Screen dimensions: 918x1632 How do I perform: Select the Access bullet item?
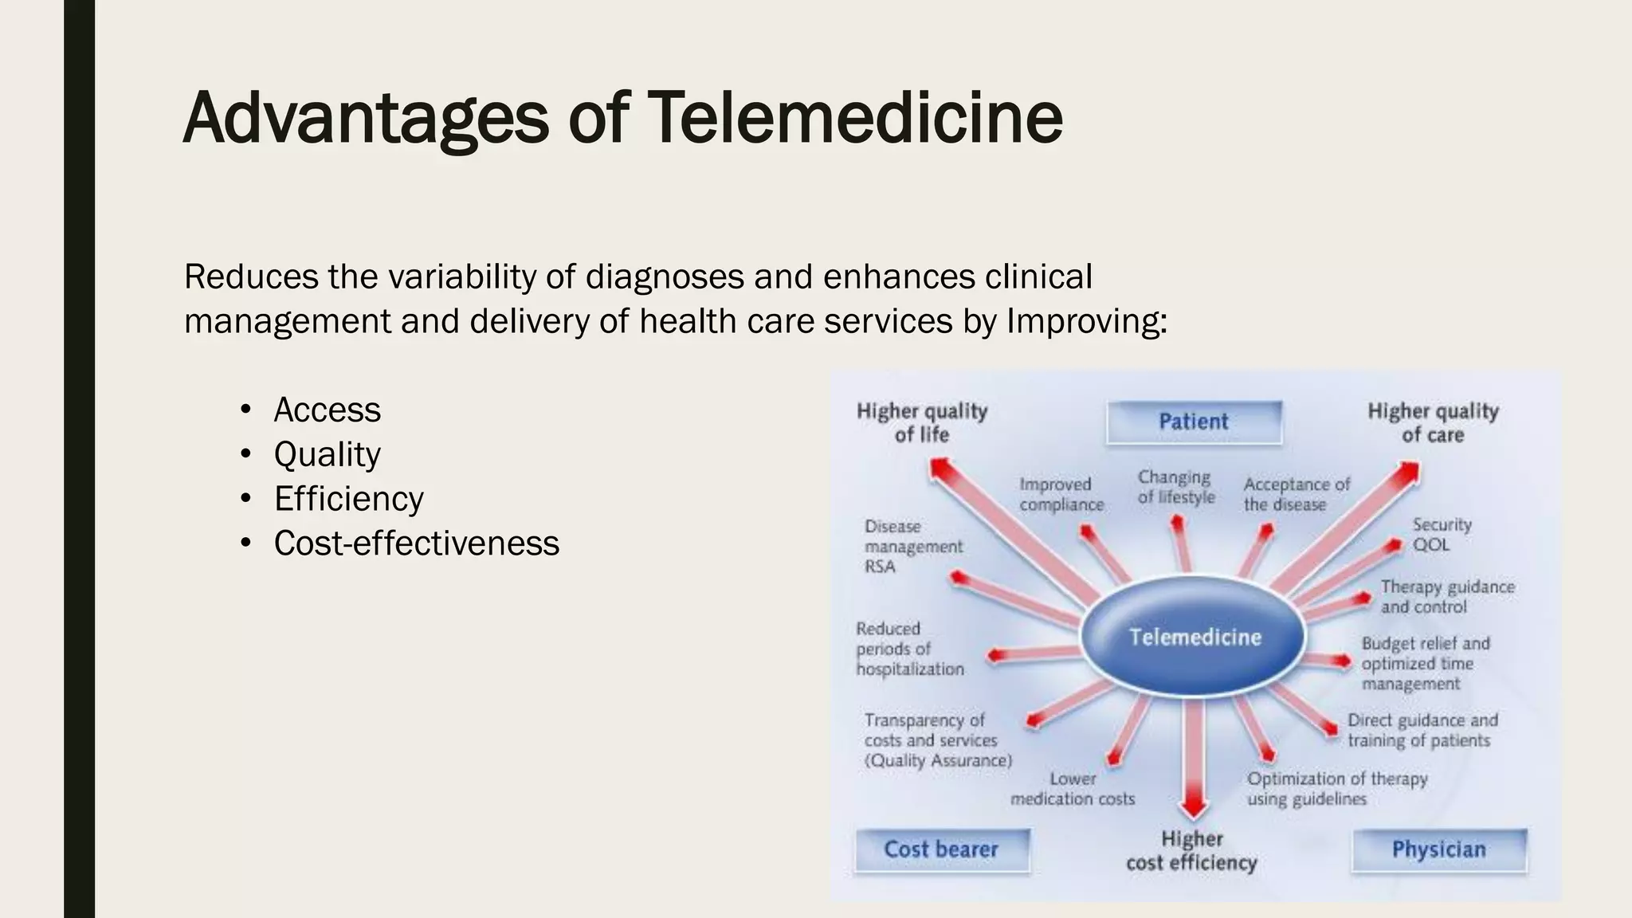click(327, 410)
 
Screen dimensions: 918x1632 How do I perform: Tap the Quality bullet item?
click(327, 454)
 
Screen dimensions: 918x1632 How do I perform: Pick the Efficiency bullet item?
click(348, 499)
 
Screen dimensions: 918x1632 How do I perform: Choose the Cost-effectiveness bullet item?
click(416, 543)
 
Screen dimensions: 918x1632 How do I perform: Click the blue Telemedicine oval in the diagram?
click(1194, 637)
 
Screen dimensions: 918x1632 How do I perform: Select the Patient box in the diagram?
click(1194, 422)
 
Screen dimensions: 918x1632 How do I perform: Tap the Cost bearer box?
click(941, 849)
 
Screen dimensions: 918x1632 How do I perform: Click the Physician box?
click(1438, 849)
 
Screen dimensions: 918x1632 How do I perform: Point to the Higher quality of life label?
click(922, 422)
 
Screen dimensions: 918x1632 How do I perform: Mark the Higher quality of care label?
click(1433, 422)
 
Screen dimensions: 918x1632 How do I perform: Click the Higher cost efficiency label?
click(1191, 850)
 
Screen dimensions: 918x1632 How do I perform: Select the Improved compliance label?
click(1061, 494)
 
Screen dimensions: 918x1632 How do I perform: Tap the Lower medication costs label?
click(1073, 788)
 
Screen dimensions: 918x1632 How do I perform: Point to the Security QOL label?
click(1441, 535)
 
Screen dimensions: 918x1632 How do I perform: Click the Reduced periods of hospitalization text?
click(909, 649)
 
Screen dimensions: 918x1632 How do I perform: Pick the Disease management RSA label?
click(912, 547)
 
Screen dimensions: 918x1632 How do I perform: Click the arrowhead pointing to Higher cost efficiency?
click(1193, 806)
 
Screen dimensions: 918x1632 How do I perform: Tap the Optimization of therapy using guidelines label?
click(1336, 788)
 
